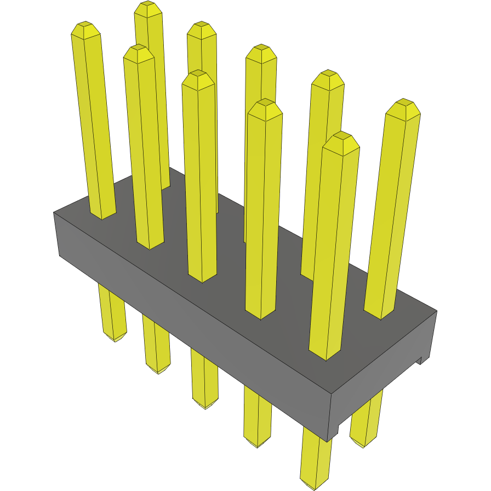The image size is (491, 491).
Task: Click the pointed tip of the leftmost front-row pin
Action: click(85, 24)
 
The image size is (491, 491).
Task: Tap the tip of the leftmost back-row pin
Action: click(147, 4)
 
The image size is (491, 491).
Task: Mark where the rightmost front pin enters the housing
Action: click(325, 356)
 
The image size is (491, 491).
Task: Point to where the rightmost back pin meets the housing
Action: click(380, 315)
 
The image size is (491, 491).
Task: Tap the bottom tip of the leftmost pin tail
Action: click(116, 341)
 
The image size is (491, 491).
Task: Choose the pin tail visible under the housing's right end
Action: click(366, 422)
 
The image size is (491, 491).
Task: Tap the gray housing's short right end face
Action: click(384, 378)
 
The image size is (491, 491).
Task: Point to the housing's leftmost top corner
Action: click(54, 212)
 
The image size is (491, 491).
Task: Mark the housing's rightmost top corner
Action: click(437, 311)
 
